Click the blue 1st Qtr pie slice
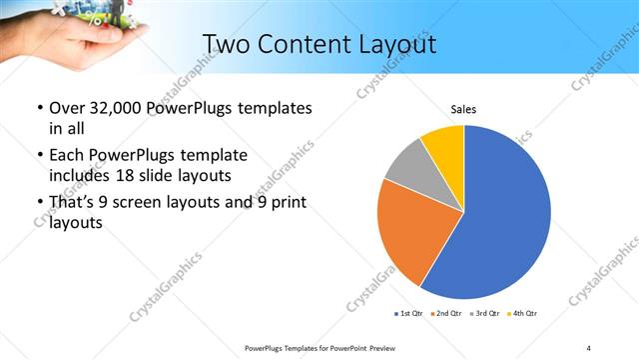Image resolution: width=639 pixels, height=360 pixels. pyautogui.click(x=504, y=215)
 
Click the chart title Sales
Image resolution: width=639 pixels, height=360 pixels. pyautogui.click(x=463, y=109)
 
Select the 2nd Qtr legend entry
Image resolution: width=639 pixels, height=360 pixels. pyautogui.click(x=446, y=315)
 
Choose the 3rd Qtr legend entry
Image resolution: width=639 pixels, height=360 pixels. pyautogui.click(x=486, y=315)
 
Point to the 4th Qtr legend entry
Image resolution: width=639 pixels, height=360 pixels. pyautogui.click(x=525, y=315)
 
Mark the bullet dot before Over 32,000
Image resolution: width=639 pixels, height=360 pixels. pyautogui.click(x=39, y=108)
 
